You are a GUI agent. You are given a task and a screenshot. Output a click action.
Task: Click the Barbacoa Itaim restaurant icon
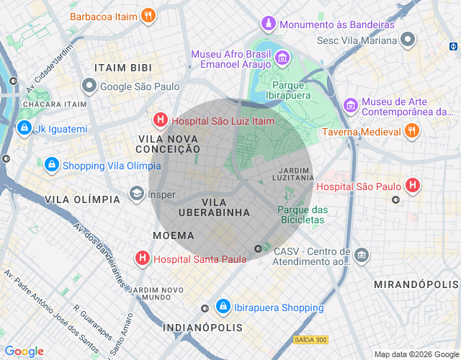coord(148,15)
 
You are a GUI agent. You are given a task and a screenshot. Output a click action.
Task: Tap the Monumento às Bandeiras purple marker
coord(269,24)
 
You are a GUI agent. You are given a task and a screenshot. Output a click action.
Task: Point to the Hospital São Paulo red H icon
coord(413,186)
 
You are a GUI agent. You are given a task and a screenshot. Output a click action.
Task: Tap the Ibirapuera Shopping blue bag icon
coord(223,307)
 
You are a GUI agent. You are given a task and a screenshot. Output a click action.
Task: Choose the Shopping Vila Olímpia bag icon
coord(51,165)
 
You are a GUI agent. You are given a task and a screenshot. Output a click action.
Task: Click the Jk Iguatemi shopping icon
coord(24,129)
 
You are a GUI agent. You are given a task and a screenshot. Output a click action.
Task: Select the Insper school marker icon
coord(136,194)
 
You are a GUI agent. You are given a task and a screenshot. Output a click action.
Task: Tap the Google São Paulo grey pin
coord(89,86)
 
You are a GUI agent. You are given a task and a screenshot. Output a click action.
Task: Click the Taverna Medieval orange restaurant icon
coord(411,132)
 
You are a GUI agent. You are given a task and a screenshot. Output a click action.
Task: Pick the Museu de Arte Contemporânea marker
coord(351,106)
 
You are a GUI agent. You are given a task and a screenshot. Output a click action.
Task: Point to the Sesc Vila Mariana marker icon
coord(408,40)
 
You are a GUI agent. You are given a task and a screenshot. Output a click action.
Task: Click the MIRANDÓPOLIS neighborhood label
coord(416,285)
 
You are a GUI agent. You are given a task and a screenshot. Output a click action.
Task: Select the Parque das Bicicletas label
coord(303,215)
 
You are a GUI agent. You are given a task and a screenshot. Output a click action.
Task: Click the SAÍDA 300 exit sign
coord(310,339)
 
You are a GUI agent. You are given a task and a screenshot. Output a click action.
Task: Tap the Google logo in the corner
coord(24,351)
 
